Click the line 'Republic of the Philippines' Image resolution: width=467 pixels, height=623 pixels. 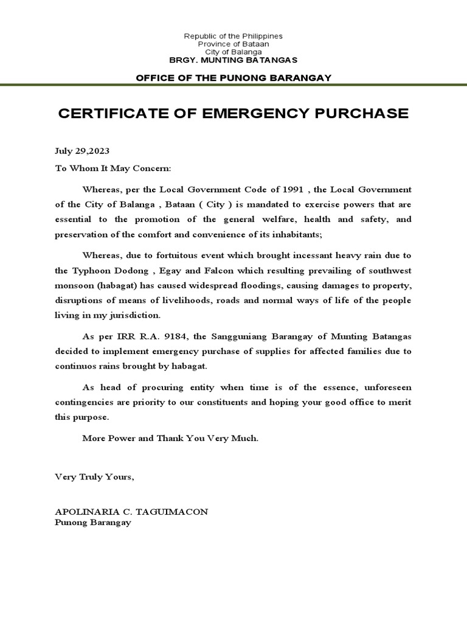(233, 37)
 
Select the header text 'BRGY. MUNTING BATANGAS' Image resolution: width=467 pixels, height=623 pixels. (233, 61)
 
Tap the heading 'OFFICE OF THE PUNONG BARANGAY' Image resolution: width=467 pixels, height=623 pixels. (233, 77)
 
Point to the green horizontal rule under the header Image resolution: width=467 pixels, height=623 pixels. (233, 85)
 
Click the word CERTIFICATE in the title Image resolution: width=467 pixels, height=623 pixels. (112, 114)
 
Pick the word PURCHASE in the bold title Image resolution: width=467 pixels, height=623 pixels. (362, 114)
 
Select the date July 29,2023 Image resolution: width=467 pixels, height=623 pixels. (82, 150)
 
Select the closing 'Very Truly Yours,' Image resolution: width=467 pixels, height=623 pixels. (94, 477)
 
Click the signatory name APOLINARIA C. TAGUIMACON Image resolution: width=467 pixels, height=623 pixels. (131, 512)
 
